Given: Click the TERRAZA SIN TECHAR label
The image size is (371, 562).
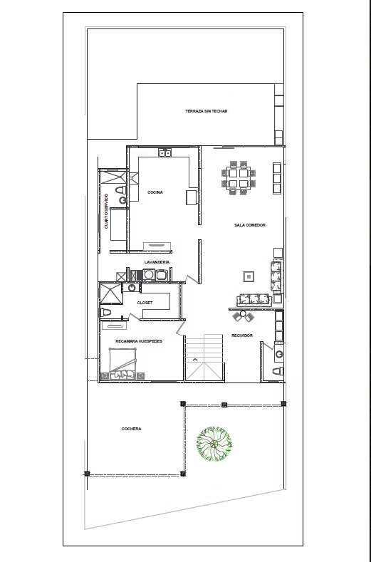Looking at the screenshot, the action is click(206, 111).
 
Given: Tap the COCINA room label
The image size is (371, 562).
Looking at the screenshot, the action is click(155, 192).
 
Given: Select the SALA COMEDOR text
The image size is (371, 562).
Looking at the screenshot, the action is click(250, 225).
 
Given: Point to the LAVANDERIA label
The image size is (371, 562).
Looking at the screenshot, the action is click(157, 262).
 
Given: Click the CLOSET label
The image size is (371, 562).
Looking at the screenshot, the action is click(145, 303).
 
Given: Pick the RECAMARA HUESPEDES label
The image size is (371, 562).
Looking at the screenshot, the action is click(139, 341).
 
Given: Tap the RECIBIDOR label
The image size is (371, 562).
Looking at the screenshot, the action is click(242, 335).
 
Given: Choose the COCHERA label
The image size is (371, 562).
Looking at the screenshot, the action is click(131, 429).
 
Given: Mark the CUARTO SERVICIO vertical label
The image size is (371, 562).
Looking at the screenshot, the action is click(106, 211).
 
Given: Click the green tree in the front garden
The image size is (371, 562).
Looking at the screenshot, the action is click(214, 444).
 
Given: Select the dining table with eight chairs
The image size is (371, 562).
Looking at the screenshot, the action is click(239, 178).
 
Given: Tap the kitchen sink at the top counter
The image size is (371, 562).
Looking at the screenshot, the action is click(165, 153).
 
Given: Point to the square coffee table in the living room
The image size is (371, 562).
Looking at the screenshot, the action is click(249, 276).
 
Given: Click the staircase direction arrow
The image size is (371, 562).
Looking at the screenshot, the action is click(195, 359).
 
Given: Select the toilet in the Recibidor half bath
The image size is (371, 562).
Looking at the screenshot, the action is click(278, 371).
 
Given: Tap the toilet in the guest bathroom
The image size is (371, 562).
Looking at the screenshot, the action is click(105, 313).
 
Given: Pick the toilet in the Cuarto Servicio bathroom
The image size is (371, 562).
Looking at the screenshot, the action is click(120, 190).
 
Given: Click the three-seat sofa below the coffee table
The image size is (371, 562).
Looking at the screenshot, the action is click(254, 300).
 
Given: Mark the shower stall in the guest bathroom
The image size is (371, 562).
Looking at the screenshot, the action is click(111, 293).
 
